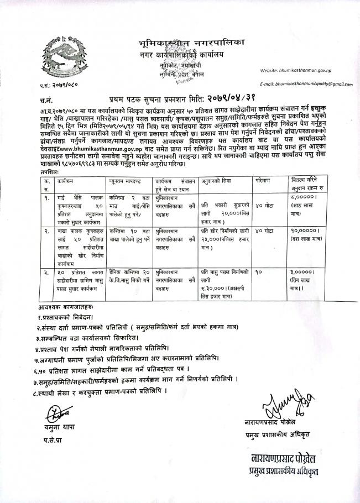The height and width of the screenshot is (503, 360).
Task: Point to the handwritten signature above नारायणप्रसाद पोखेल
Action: [x=279, y=408]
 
